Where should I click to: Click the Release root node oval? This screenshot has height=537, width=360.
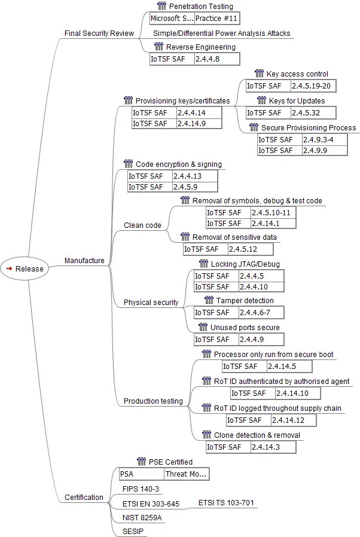25,268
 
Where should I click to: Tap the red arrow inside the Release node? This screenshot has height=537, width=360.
9,268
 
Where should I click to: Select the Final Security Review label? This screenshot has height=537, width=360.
99,33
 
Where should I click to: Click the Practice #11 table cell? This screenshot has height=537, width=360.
217,18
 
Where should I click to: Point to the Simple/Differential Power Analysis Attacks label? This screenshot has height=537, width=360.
222,33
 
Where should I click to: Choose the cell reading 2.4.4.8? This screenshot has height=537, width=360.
217,59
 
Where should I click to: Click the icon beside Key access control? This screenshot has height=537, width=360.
260,74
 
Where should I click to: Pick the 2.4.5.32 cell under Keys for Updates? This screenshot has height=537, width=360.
313,112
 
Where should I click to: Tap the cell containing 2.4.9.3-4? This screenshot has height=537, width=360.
324,140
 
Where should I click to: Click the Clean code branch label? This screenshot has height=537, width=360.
142,225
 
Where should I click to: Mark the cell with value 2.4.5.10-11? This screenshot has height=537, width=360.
273,213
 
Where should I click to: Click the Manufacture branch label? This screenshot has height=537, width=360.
84,261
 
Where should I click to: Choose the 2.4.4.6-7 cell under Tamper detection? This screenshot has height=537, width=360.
261,312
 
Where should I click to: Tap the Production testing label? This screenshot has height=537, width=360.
153,401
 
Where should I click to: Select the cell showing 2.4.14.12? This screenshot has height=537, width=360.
294,420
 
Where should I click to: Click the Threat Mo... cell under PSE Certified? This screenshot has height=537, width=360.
187,474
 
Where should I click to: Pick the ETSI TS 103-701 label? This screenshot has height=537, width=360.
226,503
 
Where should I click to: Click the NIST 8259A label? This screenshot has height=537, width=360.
142,517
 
